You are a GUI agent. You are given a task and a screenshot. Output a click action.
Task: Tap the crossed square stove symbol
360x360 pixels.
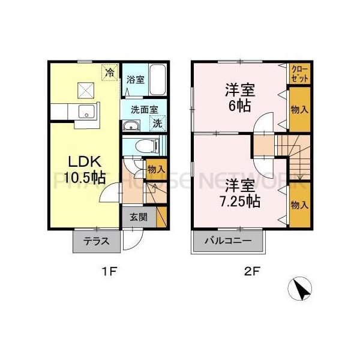pos(85,90)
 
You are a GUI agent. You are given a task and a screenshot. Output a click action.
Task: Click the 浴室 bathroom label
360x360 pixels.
pos(135,79)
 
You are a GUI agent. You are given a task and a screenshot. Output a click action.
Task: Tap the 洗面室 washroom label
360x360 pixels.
pos(144,110)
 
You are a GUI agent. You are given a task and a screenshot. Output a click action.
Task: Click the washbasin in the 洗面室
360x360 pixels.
pos(130,125)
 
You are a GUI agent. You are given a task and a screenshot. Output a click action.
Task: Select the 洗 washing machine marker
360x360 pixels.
pos(157,124)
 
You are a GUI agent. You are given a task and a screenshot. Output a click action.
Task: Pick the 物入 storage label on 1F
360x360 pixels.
pos(156,170)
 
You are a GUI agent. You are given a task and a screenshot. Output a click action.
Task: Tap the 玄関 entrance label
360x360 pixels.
pos(139,217)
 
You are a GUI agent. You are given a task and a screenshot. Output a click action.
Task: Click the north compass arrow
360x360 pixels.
pos(299,290)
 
